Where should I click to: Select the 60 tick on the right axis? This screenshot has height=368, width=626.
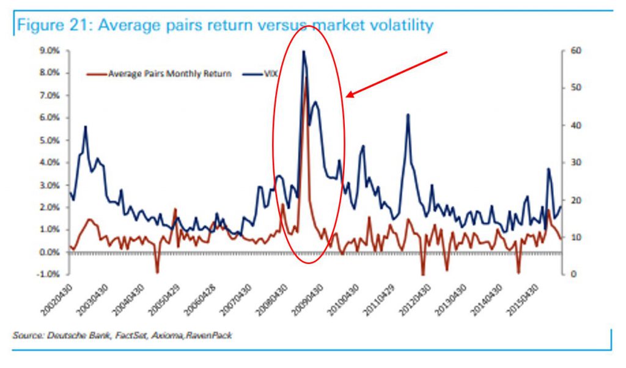575,51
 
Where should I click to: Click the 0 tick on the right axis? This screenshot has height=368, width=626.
573,274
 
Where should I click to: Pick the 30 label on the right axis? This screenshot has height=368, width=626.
575,163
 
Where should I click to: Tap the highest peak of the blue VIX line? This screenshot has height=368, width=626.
303,52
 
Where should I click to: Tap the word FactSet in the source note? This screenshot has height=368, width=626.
121,336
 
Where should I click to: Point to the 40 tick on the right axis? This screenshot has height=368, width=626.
575,125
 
